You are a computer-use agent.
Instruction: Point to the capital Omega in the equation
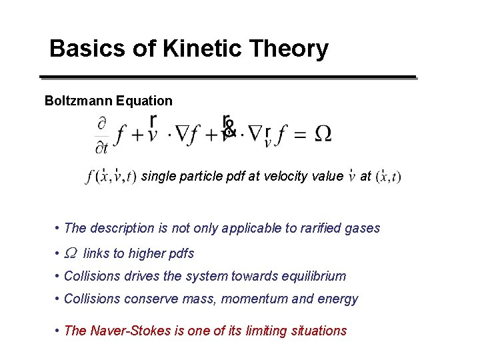tap(322, 134)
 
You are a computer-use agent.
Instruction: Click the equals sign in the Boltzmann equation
tap(300, 135)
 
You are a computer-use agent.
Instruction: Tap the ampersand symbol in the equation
tap(229, 125)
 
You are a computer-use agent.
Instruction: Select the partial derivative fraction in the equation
tap(102, 135)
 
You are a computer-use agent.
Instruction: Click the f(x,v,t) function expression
tap(111, 177)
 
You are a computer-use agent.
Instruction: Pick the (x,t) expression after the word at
tap(389, 177)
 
